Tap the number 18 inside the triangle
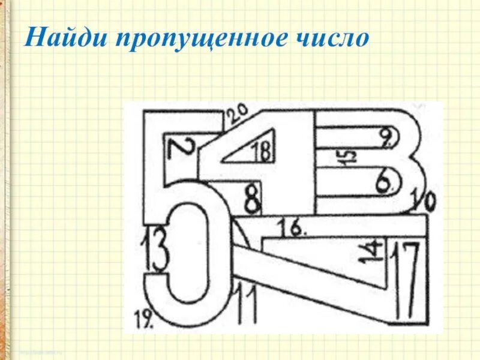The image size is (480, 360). pos(260,151)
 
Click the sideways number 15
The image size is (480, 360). pos(349,157)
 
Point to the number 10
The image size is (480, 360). pos(424,203)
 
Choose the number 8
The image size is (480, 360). pos(253,199)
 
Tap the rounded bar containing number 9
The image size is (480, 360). pos(354,137)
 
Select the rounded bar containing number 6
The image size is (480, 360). pos(354,180)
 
